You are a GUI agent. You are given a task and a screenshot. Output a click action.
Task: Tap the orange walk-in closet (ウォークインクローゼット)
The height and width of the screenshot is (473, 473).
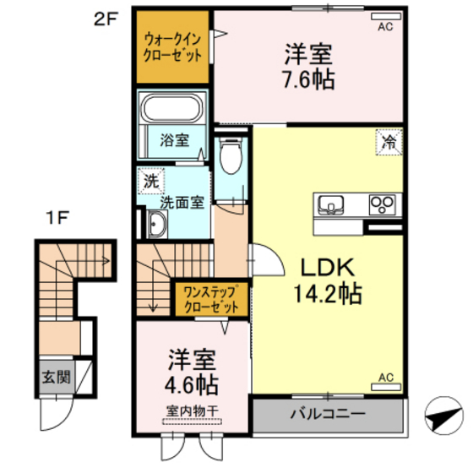click(172, 47)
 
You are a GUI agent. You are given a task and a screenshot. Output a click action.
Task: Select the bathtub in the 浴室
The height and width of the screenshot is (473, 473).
click(171, 109)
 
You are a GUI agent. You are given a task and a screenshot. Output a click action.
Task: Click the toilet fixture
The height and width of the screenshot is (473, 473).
click(229, 156)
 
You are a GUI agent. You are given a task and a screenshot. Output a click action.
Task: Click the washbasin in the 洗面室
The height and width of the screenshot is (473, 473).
click(155, 224)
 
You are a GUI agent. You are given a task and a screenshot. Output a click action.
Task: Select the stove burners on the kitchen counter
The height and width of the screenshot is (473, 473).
click(383, 205)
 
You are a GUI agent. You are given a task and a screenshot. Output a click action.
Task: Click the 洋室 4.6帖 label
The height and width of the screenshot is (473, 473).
click(191, 372)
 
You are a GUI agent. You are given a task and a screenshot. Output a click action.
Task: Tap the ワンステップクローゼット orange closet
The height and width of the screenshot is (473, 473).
click(210, 299)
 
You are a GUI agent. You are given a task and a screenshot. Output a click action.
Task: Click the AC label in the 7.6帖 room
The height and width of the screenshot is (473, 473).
click(384, 26)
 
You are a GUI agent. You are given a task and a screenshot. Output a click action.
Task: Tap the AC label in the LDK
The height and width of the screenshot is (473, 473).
click(385, 377)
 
